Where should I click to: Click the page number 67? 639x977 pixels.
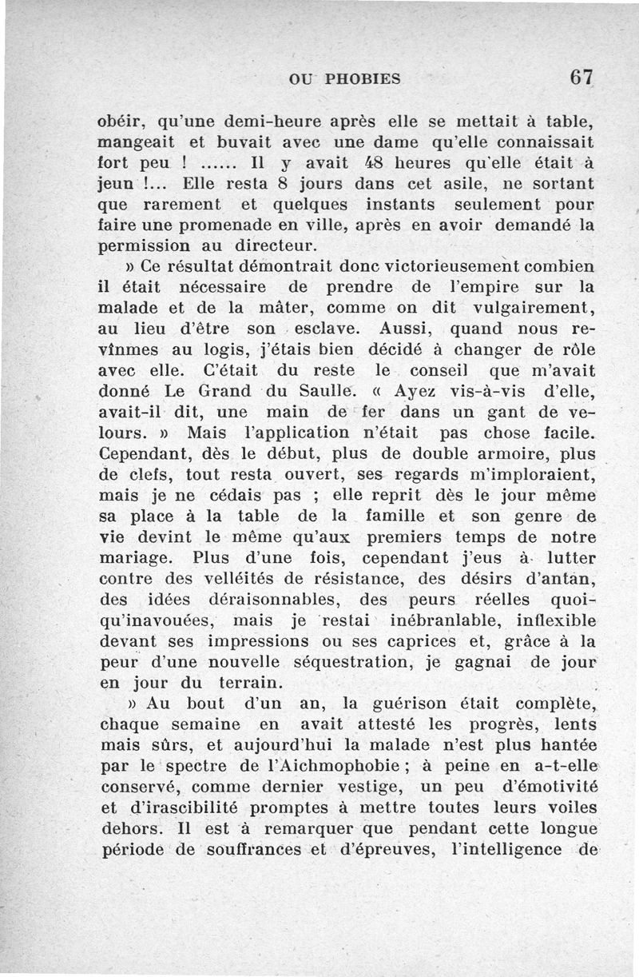coord(581,78)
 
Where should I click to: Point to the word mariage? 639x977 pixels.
coord(139,557)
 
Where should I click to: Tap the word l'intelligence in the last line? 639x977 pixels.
coord(517,849)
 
